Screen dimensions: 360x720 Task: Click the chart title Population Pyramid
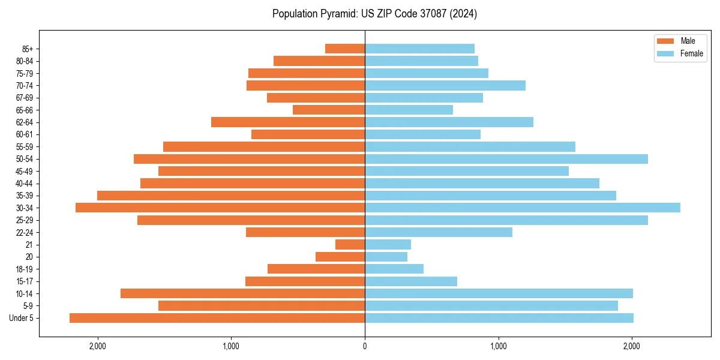point(374,14)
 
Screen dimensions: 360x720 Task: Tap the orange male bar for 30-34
point(220,208)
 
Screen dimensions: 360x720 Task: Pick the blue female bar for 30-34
point(522,208)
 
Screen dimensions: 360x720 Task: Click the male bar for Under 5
point(217,318)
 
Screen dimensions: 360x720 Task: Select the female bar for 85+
point(419,49)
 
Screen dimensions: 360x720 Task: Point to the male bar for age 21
point(350,244)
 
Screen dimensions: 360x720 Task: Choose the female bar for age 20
point(386,257)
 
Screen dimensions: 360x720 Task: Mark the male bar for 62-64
point(288,122)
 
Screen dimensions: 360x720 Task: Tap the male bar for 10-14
point(242,293)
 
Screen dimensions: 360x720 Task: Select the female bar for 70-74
point(445,85)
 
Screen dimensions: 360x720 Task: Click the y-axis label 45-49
point(24,171)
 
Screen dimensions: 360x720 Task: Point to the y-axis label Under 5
point(22,318)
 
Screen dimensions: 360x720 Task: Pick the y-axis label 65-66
point(24,110)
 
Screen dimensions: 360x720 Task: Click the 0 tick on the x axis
point(365,346)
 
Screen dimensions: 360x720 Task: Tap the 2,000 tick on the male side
point(98,346)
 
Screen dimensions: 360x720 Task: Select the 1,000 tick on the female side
point(498,346)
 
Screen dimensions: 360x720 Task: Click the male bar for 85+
point(345,49)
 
